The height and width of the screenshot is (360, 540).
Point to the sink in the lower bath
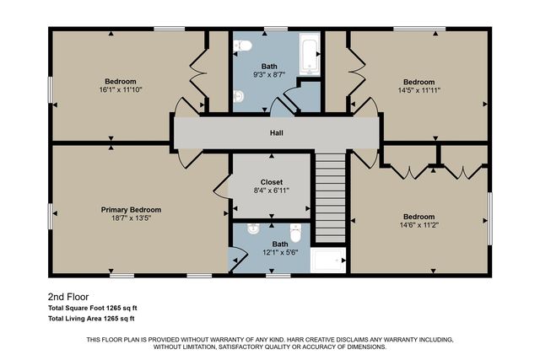tap(252, 229)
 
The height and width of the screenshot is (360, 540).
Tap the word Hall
tap(276, 133)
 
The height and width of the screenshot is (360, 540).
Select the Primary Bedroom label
tap(131, 209)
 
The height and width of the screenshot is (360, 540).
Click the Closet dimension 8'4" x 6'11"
tap(272, 191)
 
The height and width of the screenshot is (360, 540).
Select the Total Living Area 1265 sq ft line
tap(91, 319)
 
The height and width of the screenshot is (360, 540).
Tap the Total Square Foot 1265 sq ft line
tap(91, 309)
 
